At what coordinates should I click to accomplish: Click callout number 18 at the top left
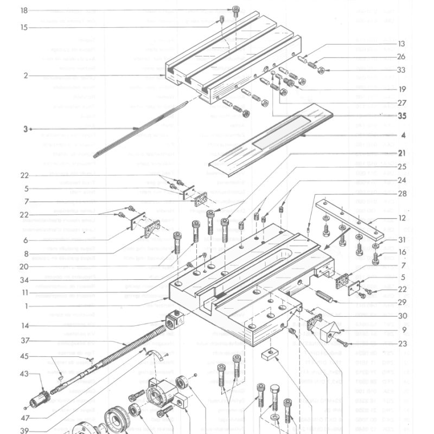24,10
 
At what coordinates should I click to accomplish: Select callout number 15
24,28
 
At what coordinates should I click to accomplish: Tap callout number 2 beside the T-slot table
25,76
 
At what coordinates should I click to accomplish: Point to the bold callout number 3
25,129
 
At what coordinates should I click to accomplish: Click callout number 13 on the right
401,44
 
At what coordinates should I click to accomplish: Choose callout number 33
401,70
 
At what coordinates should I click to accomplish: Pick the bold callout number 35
401,116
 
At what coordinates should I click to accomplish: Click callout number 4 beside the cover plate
403,135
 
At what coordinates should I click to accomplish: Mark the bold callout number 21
401,154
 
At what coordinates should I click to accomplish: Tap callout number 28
401,194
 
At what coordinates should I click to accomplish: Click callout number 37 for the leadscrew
24,341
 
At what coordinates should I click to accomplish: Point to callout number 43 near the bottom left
24,374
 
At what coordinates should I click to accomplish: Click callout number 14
24,326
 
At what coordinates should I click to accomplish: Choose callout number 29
401,302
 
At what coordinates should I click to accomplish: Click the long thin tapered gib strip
138,129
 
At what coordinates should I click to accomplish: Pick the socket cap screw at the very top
235,10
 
